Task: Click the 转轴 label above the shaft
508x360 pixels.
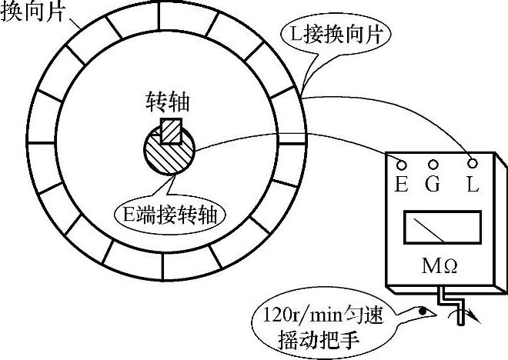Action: click(168, 103)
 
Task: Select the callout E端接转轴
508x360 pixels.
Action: click(175, 213)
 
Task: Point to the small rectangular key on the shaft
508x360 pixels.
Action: click(170, 132)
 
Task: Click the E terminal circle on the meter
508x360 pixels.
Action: click(400, 163)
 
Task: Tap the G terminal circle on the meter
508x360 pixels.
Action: click(433, 164)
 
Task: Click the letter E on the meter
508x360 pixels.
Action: click(401, 185)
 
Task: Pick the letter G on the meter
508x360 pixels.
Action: click(433, 185)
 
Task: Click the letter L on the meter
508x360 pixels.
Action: click(472, 185)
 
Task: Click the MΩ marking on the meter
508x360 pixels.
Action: click(441, 266)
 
